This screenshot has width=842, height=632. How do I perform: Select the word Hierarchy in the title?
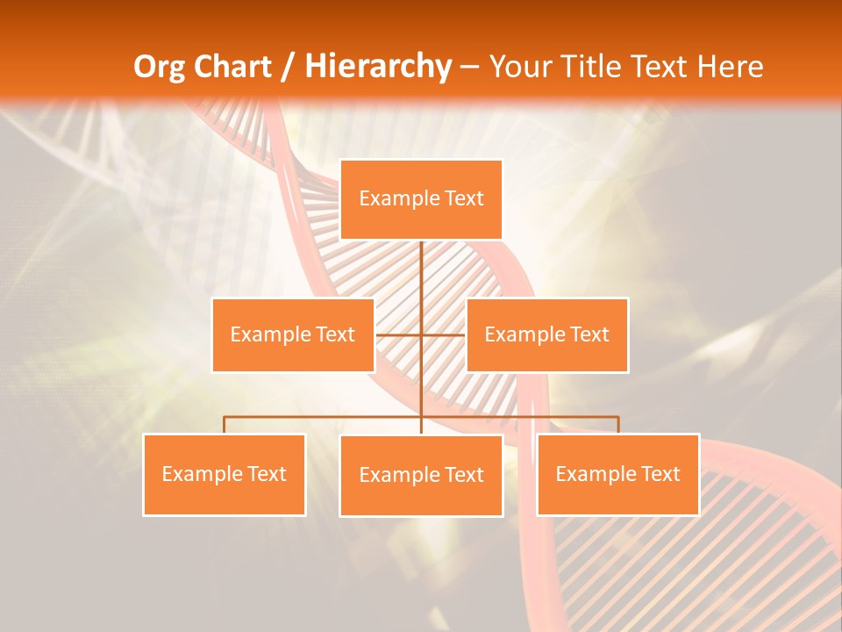(377, 67)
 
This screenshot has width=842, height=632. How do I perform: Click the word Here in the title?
(730, 67)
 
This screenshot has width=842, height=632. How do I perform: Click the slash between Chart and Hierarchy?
(288, 68)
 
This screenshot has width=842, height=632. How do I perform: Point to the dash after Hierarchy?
(469, 68)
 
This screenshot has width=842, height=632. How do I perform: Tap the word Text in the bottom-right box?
(660, 474)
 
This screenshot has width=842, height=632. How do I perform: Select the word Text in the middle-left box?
(335, 334)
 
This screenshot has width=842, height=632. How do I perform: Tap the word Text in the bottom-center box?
(464, 476)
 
